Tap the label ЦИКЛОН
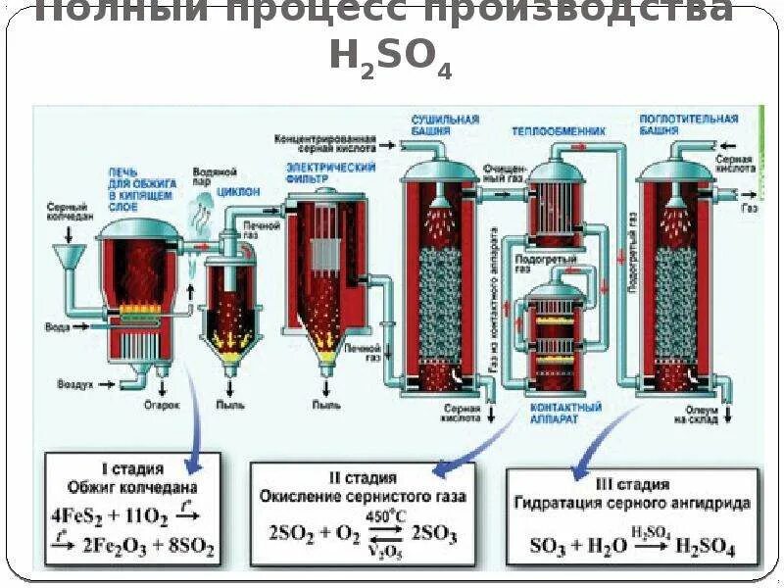point(238,192)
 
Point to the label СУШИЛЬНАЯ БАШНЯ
point(444,124)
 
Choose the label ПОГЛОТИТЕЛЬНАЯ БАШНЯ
point(688,124)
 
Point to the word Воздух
point(74,385)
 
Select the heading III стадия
point(632,483)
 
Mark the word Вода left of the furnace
point(58,326)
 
